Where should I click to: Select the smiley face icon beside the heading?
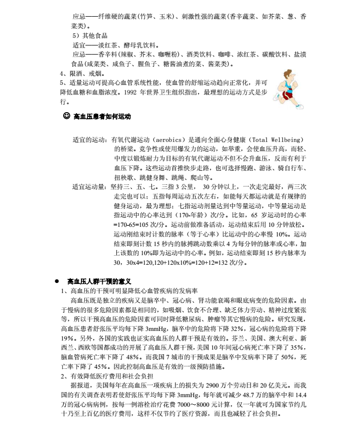(66, 116)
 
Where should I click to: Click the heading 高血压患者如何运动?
(102, 117)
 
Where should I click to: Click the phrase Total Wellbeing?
(277, 140)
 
